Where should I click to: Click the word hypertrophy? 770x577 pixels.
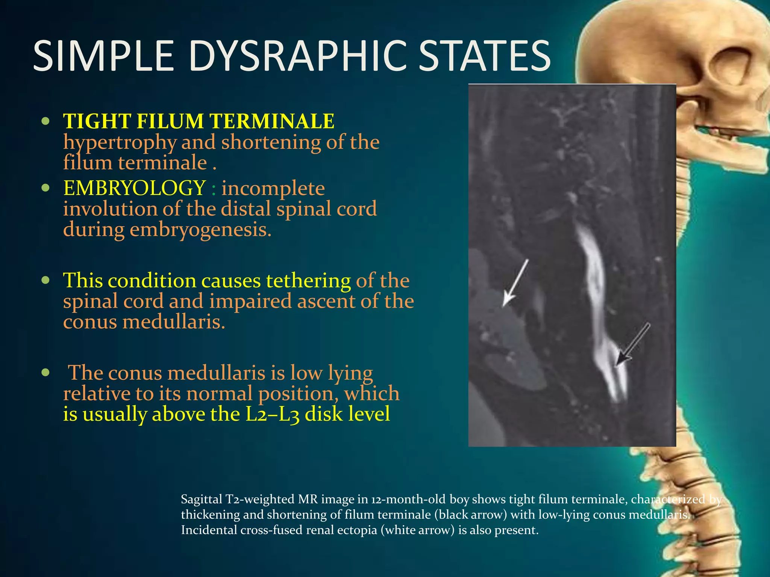119,143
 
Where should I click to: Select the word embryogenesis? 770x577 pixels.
200,230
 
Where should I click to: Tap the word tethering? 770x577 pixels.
308,281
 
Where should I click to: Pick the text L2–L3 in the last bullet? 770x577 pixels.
272,414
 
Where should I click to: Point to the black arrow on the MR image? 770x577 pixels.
634,344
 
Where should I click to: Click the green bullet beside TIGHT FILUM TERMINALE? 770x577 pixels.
45,121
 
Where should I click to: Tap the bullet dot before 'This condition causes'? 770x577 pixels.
45,280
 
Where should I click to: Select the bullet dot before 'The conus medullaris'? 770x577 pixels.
45,373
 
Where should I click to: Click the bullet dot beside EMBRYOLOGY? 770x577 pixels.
45,188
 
